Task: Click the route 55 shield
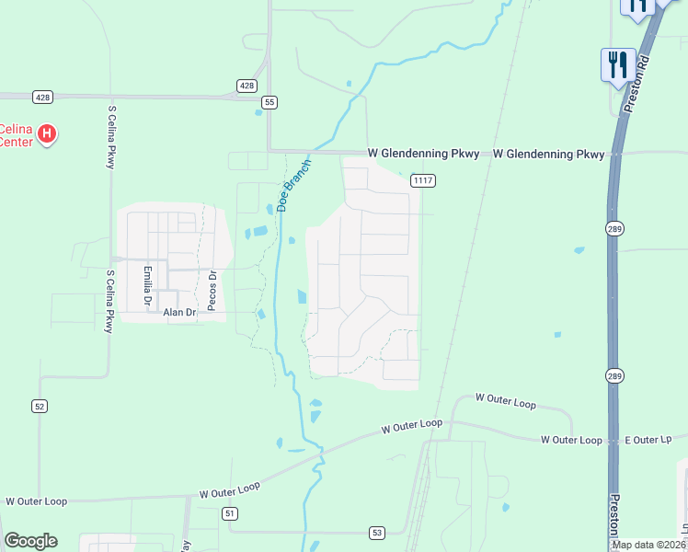269,102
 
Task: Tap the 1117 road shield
423,180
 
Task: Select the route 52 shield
39,406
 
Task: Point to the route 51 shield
230,513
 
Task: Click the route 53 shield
377,533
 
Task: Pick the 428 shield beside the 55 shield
247,86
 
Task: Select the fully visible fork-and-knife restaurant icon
617,64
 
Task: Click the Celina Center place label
16,135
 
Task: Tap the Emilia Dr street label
146,286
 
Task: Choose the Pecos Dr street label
211,291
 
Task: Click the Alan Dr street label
180,313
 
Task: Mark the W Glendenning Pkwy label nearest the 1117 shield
423,154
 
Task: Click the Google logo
30,541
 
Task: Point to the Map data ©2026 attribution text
649,545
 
